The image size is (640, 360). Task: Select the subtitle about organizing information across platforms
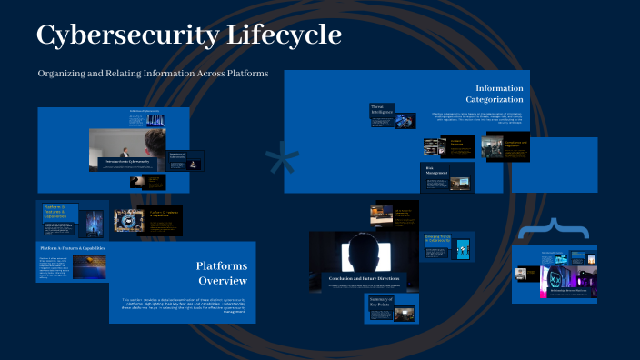[x=153, y=74]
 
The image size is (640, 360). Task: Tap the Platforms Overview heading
[x=222, y=273]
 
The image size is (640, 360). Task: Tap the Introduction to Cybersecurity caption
[x=126, y=161]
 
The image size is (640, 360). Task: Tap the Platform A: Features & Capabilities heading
[x=73, y=248]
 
